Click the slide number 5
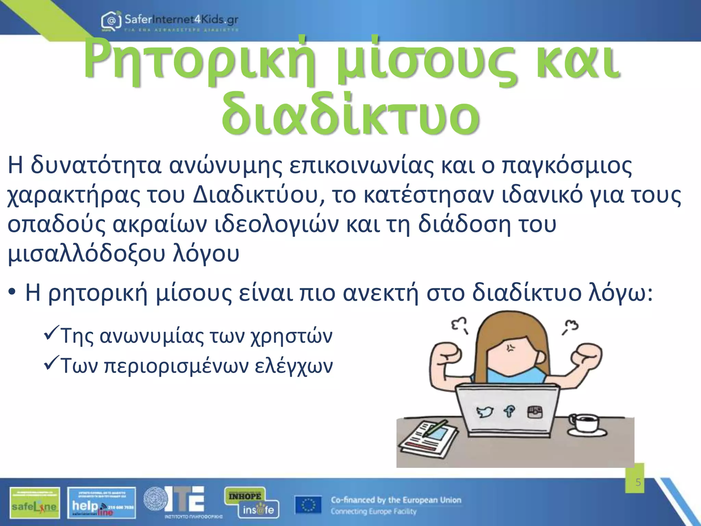point(638,483)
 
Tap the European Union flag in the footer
point(308,505)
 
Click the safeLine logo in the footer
point(35,503)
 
